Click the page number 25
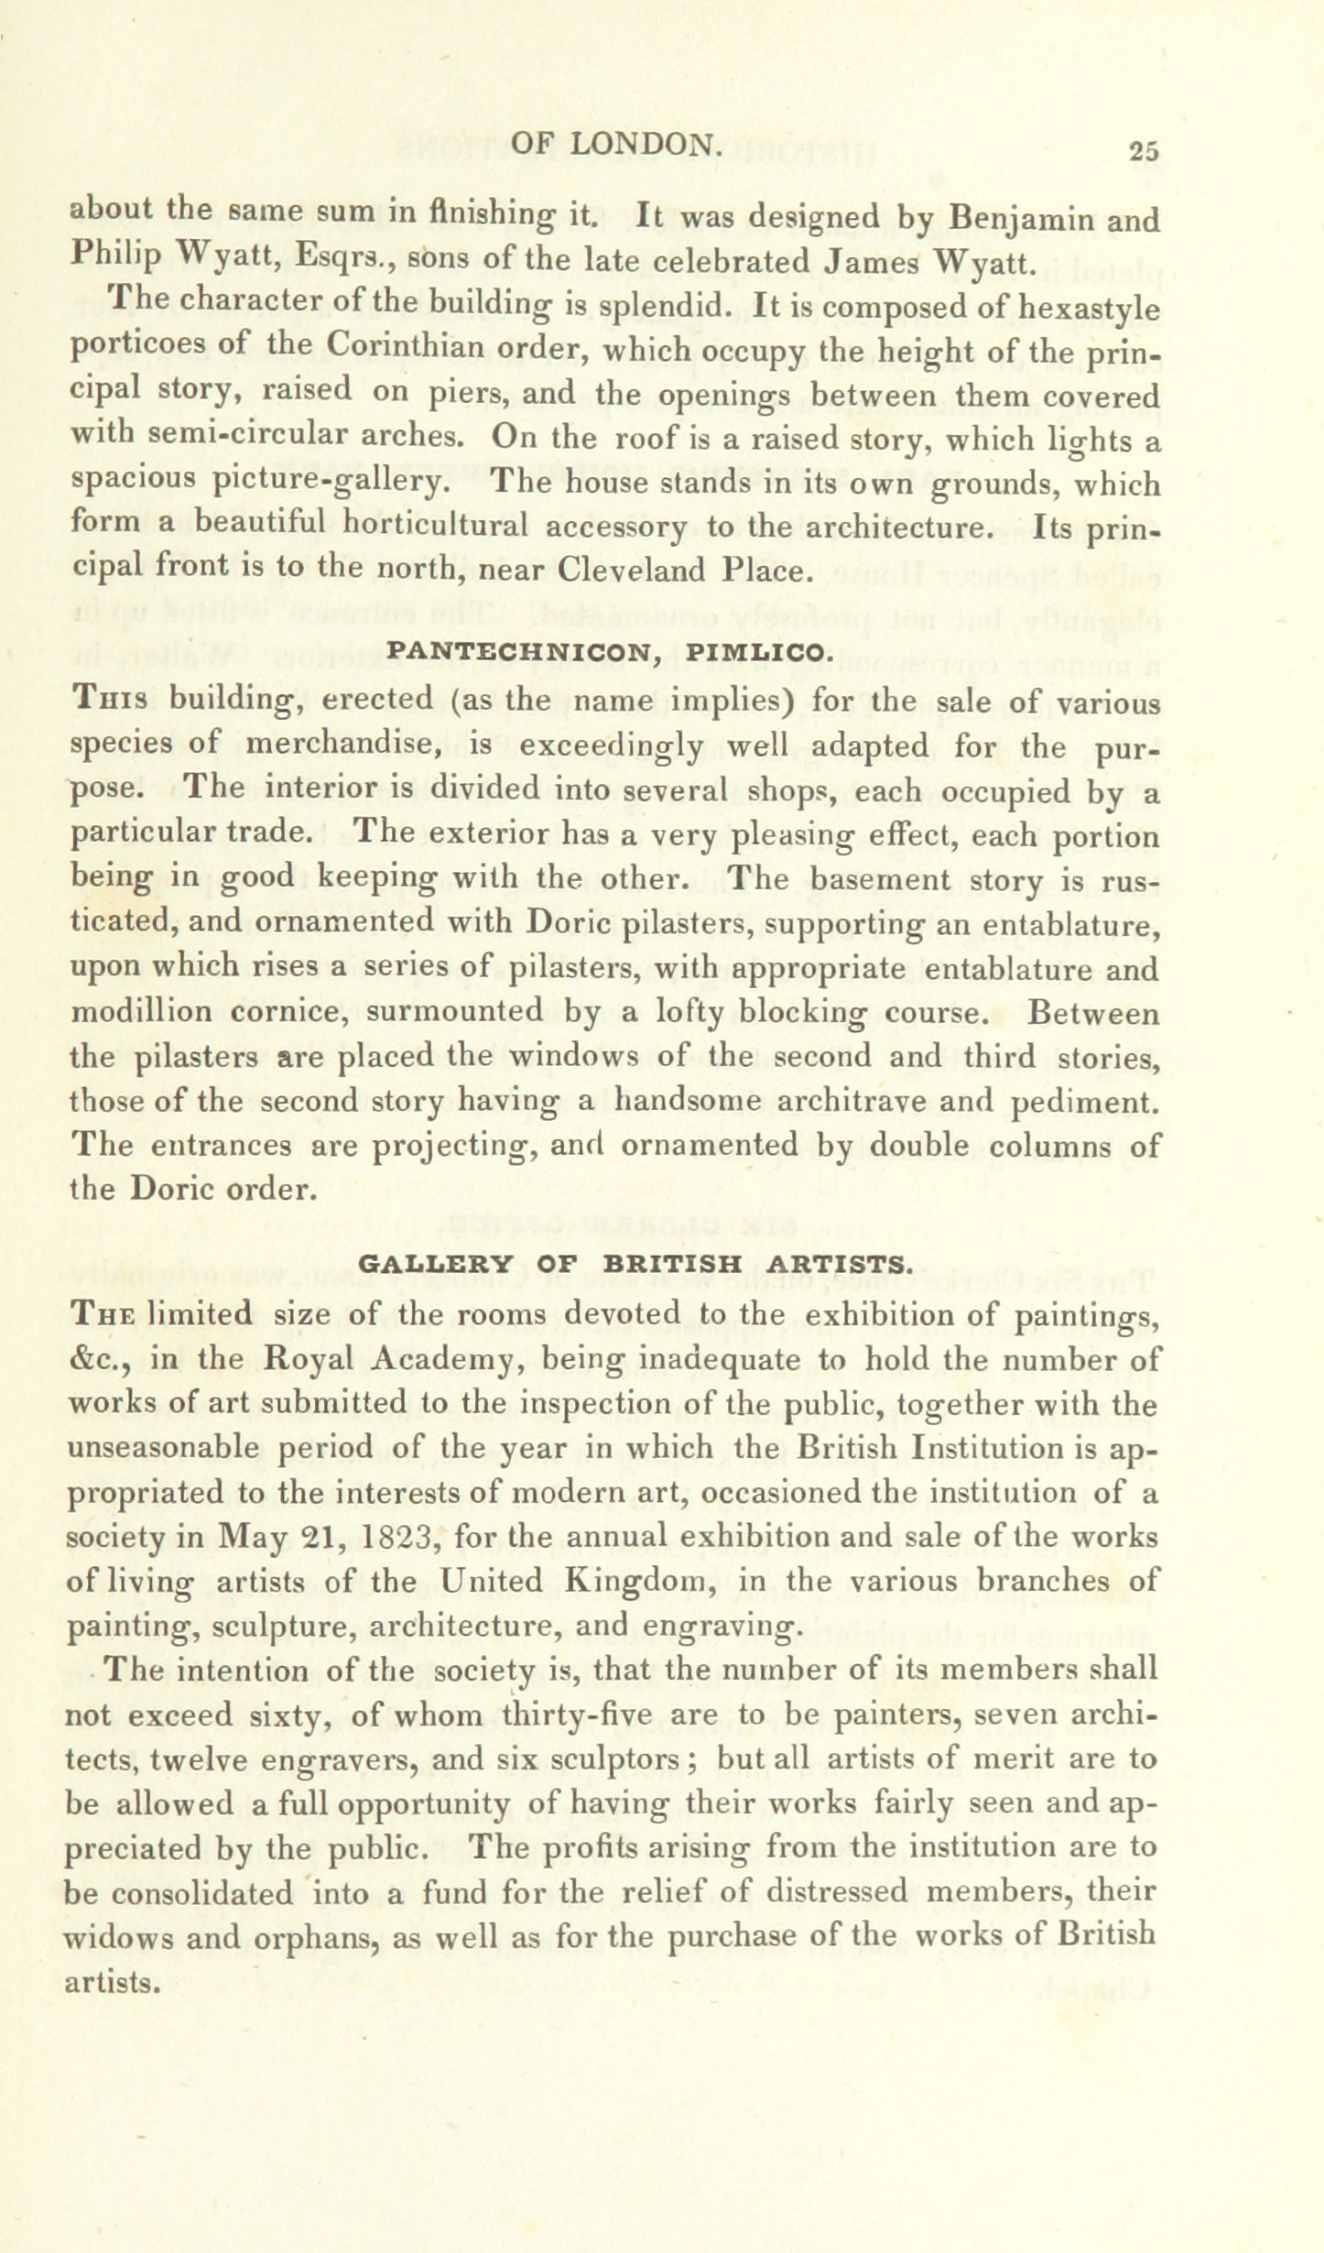(1145, 151)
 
